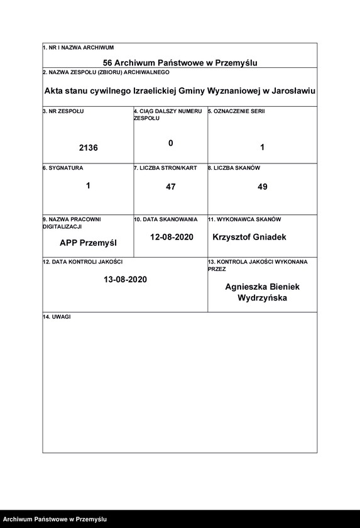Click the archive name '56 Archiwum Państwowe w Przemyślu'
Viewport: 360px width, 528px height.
click(x=180, y=63)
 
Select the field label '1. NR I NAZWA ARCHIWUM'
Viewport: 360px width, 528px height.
click(x=79, y=48)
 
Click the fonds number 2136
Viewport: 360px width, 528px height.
click(x=89, y=148)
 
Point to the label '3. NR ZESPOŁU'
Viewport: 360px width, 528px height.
click(x=63, y=111)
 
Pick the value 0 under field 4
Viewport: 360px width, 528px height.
click(x=170, y=143)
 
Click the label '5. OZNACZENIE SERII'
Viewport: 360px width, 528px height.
click(x=237, y=111)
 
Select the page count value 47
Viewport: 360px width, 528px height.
click(x=171, y=187)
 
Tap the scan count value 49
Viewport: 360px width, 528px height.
click(x=263, y=187)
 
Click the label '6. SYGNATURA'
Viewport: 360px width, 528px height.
click(x=63, y=168)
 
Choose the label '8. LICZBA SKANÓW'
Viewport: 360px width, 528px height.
click(x=234, y=168)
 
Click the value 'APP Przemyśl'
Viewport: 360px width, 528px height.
click(x=89, y=243)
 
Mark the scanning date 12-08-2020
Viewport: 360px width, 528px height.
click(x=172, y=238)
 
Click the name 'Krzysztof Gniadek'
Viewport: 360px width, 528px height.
click(x=249, y=238)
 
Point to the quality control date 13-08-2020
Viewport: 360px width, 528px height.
click(x=126, y=279)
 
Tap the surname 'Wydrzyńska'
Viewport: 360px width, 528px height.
click(x=263, y=298)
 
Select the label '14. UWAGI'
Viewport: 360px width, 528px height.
click(x=57, y=317)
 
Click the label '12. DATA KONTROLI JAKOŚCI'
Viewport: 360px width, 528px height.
click(x=82, y=261)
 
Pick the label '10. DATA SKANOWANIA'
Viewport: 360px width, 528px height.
click(x=165, y=219)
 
